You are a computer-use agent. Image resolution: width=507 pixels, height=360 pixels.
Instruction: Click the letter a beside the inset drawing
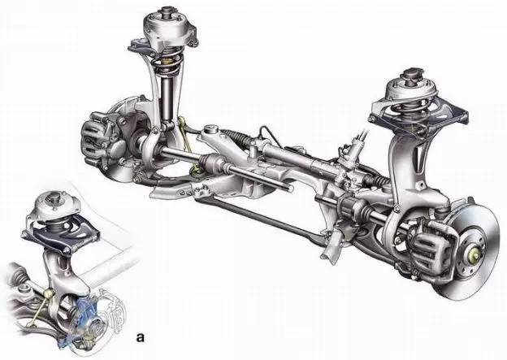(x=141, y=337)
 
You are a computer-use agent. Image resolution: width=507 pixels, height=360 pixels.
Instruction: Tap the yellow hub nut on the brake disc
(x=472, y=250)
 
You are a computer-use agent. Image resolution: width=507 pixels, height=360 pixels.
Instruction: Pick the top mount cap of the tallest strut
(x=169, y=24)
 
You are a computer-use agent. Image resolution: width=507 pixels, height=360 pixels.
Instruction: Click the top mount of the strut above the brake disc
(x=411, y=85)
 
